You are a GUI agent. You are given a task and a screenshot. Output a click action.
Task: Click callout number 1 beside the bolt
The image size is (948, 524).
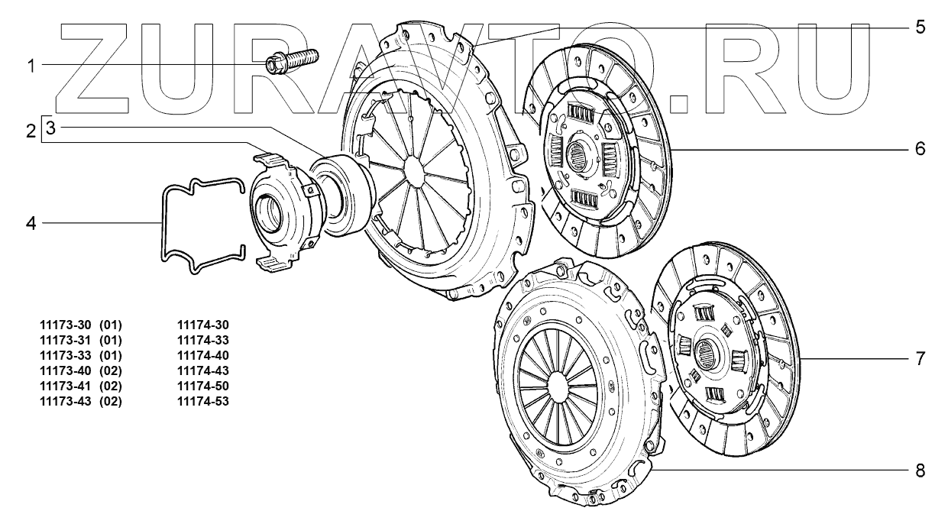click(x=31, y=66)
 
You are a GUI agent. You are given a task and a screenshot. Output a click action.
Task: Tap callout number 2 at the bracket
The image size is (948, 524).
click(x=31, y=131)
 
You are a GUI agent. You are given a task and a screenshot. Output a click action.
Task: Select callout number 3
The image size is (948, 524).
click(x=50, y=128)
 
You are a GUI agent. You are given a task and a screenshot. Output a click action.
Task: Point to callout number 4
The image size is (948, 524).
click(x=31, y=223)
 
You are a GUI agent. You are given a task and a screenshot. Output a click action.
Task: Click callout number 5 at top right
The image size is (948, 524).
click(x=920, y=27)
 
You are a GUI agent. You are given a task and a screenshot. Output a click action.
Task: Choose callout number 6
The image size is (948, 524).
click(x=920, y=149)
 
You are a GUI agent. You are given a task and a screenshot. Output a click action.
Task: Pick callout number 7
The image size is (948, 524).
click(x=920, y=359)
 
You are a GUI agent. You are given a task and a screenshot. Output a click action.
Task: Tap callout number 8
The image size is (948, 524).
click(x=920, y=471)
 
